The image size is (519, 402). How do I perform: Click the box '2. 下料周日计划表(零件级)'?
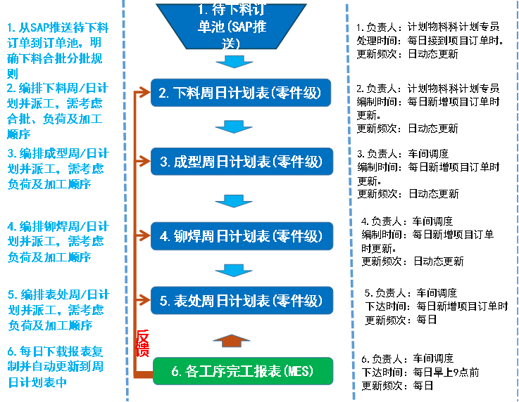click(242, 93)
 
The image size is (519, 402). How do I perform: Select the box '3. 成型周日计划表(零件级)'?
click(242, 162)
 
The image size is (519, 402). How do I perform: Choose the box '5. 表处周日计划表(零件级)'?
click(242, 301)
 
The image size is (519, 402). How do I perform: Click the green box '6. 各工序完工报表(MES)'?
click(242, 370)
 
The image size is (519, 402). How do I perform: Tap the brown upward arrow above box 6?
click(230, 340)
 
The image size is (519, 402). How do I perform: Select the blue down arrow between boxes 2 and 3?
click(230, 127)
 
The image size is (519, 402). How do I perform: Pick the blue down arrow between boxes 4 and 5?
click(230, 270)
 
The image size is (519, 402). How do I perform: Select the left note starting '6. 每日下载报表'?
click(56, 366)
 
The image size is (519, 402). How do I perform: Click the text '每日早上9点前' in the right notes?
click(447, 372)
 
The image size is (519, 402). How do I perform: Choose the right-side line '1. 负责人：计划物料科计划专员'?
click(427, 27)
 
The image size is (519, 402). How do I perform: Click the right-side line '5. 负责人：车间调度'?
click(411, 293)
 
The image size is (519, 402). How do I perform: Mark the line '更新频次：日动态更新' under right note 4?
click(413, 261)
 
